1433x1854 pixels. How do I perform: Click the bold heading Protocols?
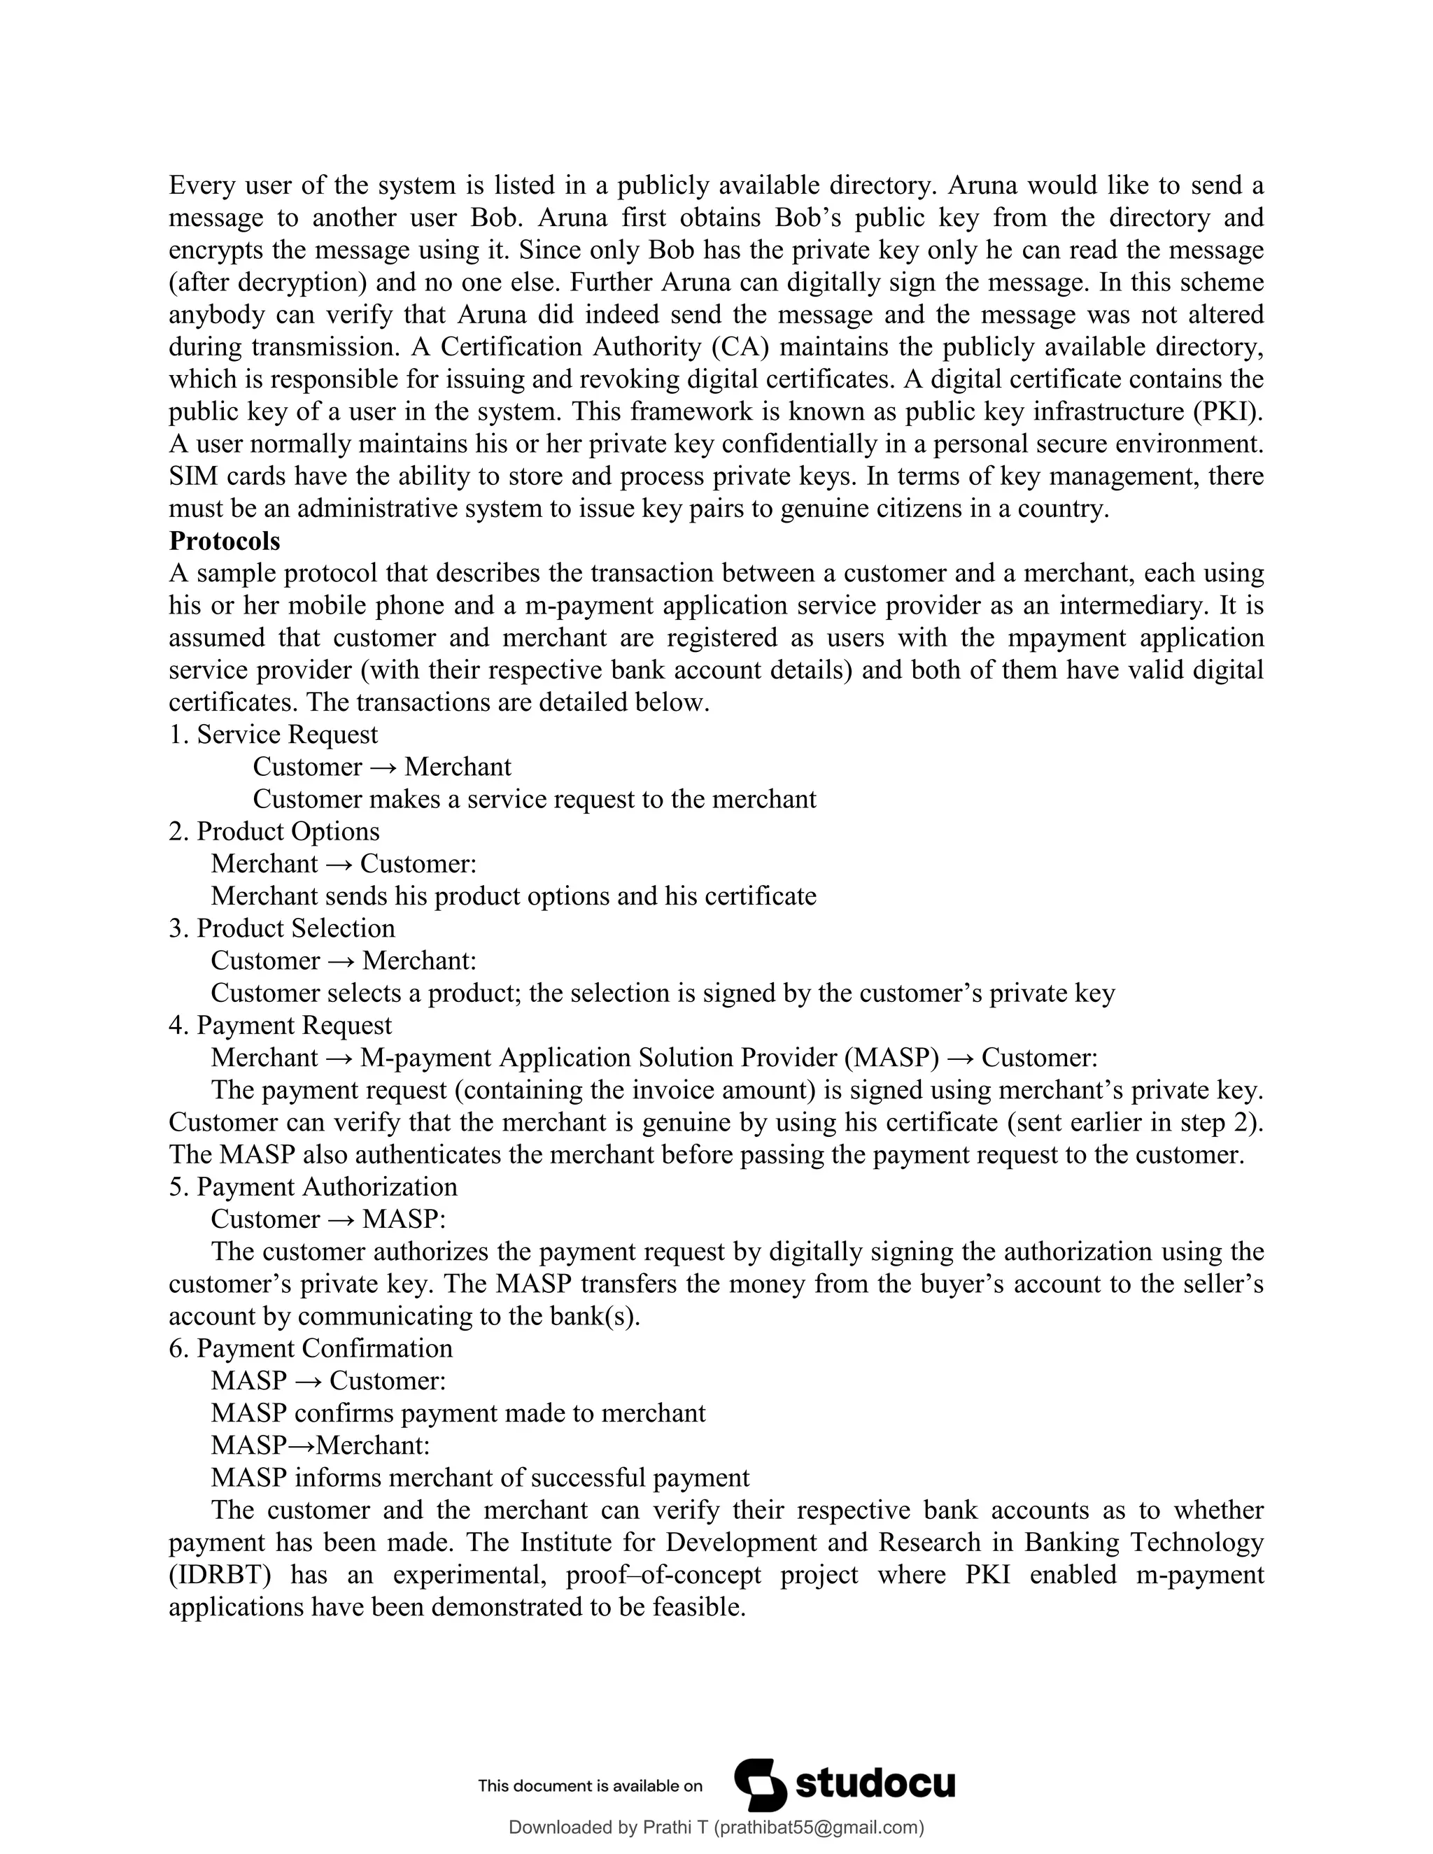coord(224,541)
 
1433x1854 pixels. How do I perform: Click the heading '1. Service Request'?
coord(274,735)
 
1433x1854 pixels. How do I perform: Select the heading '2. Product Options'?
coord(274,831)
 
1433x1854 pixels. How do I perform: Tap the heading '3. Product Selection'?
coord(282,928)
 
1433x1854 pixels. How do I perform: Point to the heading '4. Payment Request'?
coord(280,1025)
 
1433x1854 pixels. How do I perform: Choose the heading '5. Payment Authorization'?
coord(312,1186)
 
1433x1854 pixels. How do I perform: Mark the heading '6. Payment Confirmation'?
coord(311,1348)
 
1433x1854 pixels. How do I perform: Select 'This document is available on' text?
coord(590,1786)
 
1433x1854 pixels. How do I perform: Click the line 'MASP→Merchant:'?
coord(320,1445)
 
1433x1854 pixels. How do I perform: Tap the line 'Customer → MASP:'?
coord(327,1219)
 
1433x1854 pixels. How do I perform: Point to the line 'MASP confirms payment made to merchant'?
coord(458,1413)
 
